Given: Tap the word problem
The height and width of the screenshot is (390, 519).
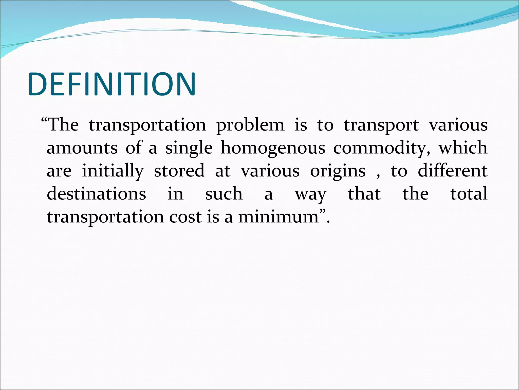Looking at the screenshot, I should [250, 125].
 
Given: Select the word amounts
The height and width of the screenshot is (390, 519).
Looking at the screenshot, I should [82, 148].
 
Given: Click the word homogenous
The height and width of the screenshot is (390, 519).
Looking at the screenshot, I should [273, 148].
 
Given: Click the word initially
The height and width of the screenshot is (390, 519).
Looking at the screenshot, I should [113, 171].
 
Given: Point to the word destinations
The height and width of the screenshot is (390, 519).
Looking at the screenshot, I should [97, 194].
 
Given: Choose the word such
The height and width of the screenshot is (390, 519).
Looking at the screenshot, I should [224, 194].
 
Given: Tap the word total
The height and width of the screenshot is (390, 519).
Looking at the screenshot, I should [469, 194].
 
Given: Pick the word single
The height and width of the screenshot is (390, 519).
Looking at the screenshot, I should [189, 148].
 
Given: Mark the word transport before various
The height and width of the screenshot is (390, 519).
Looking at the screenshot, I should [381, 125].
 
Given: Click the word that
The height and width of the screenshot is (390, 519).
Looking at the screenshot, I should [364, 194].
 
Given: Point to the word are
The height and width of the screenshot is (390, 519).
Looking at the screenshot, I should [59, 171].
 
